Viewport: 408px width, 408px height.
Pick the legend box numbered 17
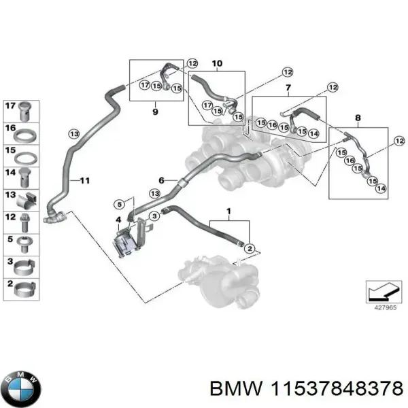tap(22, 109)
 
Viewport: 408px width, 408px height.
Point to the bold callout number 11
tap(84, 180)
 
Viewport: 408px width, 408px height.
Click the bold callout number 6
tap(162, 180)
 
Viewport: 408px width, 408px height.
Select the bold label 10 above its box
tap(217, 65)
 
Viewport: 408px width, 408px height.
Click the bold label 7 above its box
tap(288, 89)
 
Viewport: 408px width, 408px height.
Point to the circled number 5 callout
tap(118, 204)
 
